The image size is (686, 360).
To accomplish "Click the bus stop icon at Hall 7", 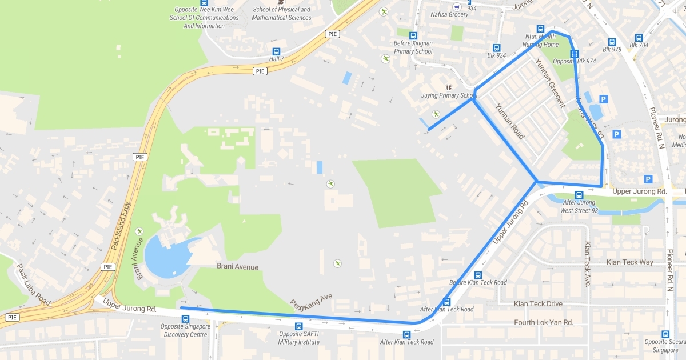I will (x=277, y=51).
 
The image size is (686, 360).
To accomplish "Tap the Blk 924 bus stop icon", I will (x=496, y=48).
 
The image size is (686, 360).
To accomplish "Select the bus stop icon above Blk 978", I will (x=612, y=42).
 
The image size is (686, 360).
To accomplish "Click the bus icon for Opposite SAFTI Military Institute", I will (x=298, y=326).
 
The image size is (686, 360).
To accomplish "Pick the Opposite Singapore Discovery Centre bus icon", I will (x=185, y=319).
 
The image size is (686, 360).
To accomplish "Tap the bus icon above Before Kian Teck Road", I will (x=478, y=275).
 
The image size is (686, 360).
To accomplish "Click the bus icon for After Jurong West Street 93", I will (x=579, y=195).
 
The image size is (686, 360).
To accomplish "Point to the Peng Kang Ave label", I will (x=311, y=302).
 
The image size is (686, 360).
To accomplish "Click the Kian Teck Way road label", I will (x=629, y=262).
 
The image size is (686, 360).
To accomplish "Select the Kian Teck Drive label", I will (x=538, y=304).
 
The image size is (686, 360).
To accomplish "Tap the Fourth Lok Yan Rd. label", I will (x=543, y=322).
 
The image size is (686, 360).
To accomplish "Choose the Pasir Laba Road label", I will (x=34, y=284).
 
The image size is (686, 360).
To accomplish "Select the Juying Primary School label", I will (x=448, y=95).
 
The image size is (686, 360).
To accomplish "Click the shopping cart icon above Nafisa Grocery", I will (x=456, y=7).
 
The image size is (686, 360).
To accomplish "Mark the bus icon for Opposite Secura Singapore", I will (x=665, y=334).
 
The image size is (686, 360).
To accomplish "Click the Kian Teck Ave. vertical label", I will (x=587, y=263).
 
